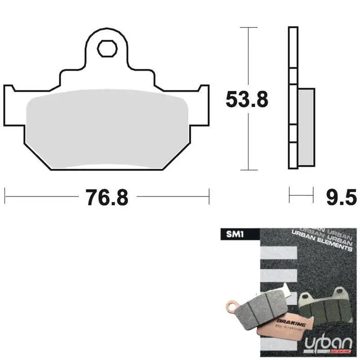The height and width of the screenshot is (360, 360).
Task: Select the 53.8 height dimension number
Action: click(x=247, y=99)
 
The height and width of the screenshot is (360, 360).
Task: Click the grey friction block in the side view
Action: click(x=306, y=126)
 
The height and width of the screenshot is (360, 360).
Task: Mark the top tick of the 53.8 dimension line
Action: click(x=249, y=27)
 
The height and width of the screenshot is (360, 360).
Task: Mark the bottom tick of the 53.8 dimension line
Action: click(x=249, y=170)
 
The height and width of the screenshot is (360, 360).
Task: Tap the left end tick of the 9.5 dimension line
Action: click(x=289, y=196)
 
